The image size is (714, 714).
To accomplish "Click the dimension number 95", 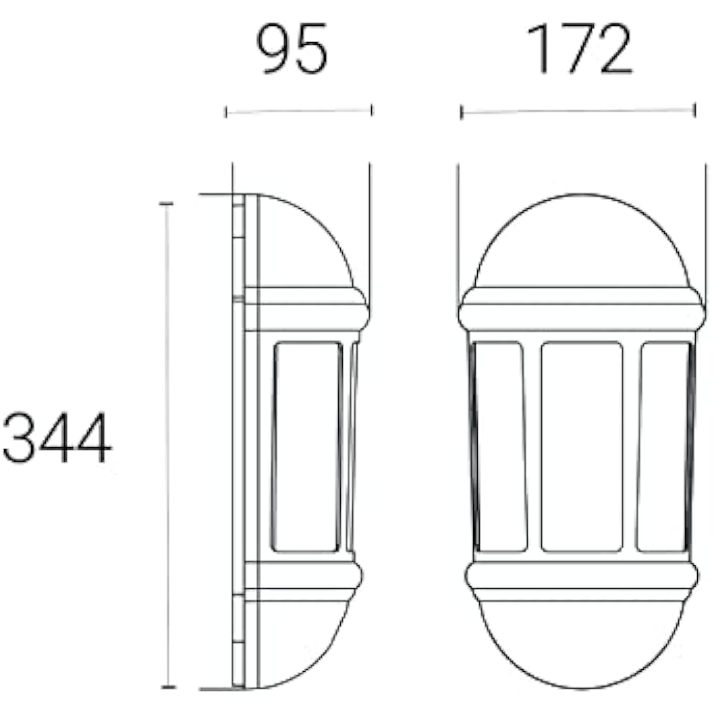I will (293, 50).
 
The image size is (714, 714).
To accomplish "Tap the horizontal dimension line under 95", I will (299, 112).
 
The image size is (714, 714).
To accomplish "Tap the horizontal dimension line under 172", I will (578, 112).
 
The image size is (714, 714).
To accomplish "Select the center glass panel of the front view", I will (582, 447).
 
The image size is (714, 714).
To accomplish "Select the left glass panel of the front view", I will (499, 447).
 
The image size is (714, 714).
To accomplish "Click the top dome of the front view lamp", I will (581, 243).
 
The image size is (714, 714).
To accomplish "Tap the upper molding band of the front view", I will (581, 315).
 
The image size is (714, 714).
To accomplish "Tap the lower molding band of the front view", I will (581, 576).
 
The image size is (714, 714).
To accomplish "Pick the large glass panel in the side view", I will (306, 447).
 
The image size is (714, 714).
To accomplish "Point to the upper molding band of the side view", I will (305, 315).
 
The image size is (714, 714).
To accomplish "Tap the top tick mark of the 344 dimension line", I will (167, 204).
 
